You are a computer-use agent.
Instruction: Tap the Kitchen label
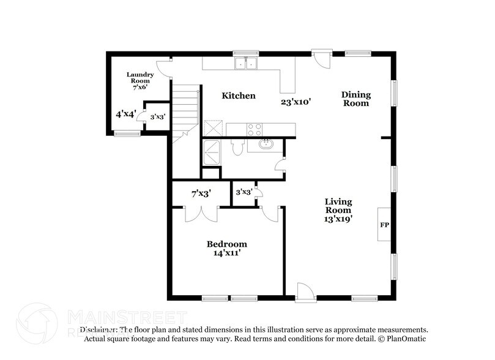(238, 96)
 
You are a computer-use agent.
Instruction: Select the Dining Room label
(355, 99)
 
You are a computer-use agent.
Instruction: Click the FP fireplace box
(385, 225)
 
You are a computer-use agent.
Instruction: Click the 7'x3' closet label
(201, 193)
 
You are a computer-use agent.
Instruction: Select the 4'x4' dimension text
(126, 114)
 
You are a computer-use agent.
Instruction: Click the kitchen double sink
(247, 63)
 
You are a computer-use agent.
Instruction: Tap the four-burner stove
(254, 130)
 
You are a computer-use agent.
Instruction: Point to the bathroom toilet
(240, 148)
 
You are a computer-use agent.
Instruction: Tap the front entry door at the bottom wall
(305, 293)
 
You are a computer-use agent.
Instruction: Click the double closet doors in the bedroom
(201, 214)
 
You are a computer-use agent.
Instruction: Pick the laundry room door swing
(162, 68)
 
